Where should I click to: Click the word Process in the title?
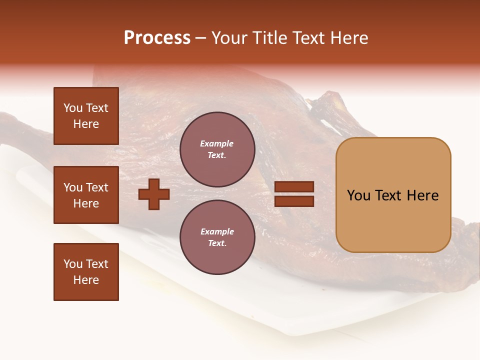coord(157,38)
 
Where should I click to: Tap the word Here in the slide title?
coord(348,38)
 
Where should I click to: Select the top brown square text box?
coord(86,116)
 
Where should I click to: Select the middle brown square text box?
coord(86,195)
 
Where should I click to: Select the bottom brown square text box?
coord(86,272)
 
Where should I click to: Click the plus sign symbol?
coord(154,194)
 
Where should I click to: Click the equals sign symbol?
coord(294,194)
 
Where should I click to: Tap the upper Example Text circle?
coord(217,149)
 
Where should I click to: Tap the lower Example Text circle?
coord(217,237)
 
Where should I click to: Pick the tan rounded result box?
coord(393,194)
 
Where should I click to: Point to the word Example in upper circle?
coord(217,144)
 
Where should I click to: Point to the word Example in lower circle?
coord(217,232)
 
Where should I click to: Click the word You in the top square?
coord(72,108)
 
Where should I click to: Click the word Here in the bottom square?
coord(86,280)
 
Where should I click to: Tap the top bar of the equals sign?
coord(294,187)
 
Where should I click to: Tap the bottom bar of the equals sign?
coord(294,201)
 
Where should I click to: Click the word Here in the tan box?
coord(422,195)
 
